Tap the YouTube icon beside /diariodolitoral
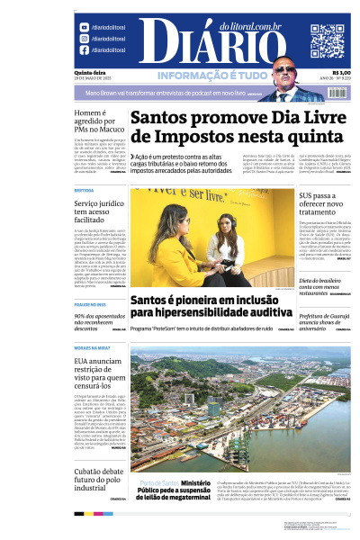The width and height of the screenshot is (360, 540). tap(85, 27)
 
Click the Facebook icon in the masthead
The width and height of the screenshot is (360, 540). tap(85, 50)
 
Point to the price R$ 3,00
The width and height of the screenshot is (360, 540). tap(341, 73)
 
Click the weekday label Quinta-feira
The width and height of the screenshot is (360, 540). tap(88, 73)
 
